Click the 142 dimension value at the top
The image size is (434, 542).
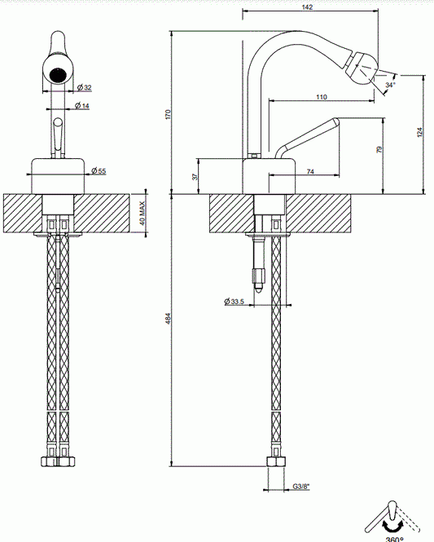pyautogui.click(x=307, y=7)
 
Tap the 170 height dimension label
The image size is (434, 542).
pyautogui.click(x=169, y=114)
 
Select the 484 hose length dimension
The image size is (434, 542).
pyautogui.click(x=169, y=319)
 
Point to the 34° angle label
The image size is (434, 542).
pyautogui.click(x=391, y=85)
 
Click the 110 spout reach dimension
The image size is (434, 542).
pyautogui.click(x=322, y=97)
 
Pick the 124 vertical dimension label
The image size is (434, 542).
pyautogui.click(x=420, y=132)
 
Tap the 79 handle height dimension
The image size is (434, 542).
pyautogui.click(x=379, y=149)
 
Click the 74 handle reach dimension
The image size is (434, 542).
pyautogui.click(x=310, y=171)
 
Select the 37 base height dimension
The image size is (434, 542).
pyautogui.click(x=195, y=176)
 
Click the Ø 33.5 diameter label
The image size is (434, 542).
pyautogui.click(x=234, y=302)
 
